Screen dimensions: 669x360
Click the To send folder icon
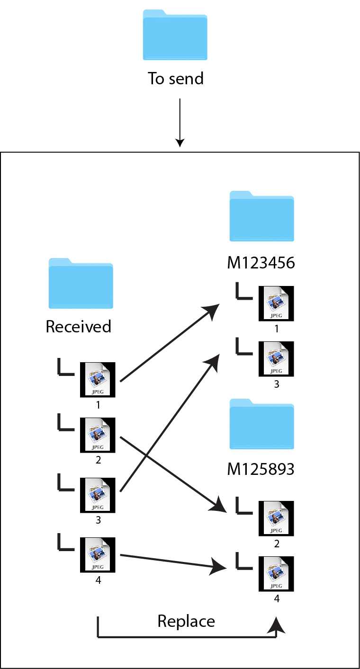click(x=175, y=35)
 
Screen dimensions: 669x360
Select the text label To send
click(x=175, y=78)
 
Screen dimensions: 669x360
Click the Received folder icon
click(x=81, y=284)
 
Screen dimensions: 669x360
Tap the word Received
click(x=78, y=327)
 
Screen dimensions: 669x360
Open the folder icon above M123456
click(x=262, y=216)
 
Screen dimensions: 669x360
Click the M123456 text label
click(x=261, y=262)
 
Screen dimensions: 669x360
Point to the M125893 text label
click(x=261, y=469)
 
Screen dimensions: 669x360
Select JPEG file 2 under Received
click(x=98, y=435)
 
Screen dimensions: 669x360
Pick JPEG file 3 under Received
click(x=98, y=495)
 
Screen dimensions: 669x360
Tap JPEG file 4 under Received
click(x=98, y=555)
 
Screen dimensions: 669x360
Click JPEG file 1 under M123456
click(x=276, y=303)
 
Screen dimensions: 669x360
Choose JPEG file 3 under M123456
click(x=276, y=359)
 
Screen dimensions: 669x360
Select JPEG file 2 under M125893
click(x=276, y=518)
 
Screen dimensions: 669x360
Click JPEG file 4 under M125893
click(x=276, y=574)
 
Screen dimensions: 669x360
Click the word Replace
click(x=186, y=621)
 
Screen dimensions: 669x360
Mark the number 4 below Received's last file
click(x=98, y=580)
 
